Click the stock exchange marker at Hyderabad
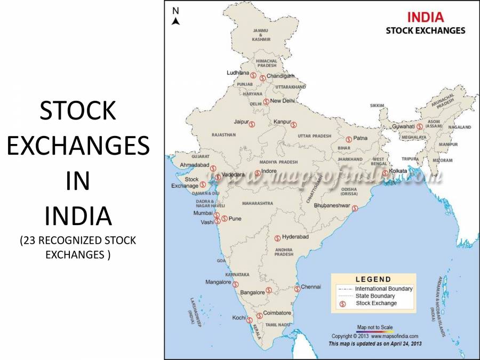pos(277,238)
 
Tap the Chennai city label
pos(311,286)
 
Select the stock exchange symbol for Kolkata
pos(385,173)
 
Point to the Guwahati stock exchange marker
pos(420,126)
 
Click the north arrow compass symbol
pos(176,17)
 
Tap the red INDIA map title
pos(425,17)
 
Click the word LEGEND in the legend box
pos(373,279)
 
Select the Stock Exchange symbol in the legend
pos(343,303)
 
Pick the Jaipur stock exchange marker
pos(252,124)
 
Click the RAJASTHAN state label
pos(223,135)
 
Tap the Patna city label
pos(360,138)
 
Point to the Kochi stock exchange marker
pos(249,320)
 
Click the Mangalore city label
pos(218,282)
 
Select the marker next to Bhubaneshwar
pos(355,209)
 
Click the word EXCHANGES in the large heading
pos(78,146)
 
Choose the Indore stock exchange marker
pos(258,173)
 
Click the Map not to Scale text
pos(375,327)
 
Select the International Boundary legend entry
pos(383,289)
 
